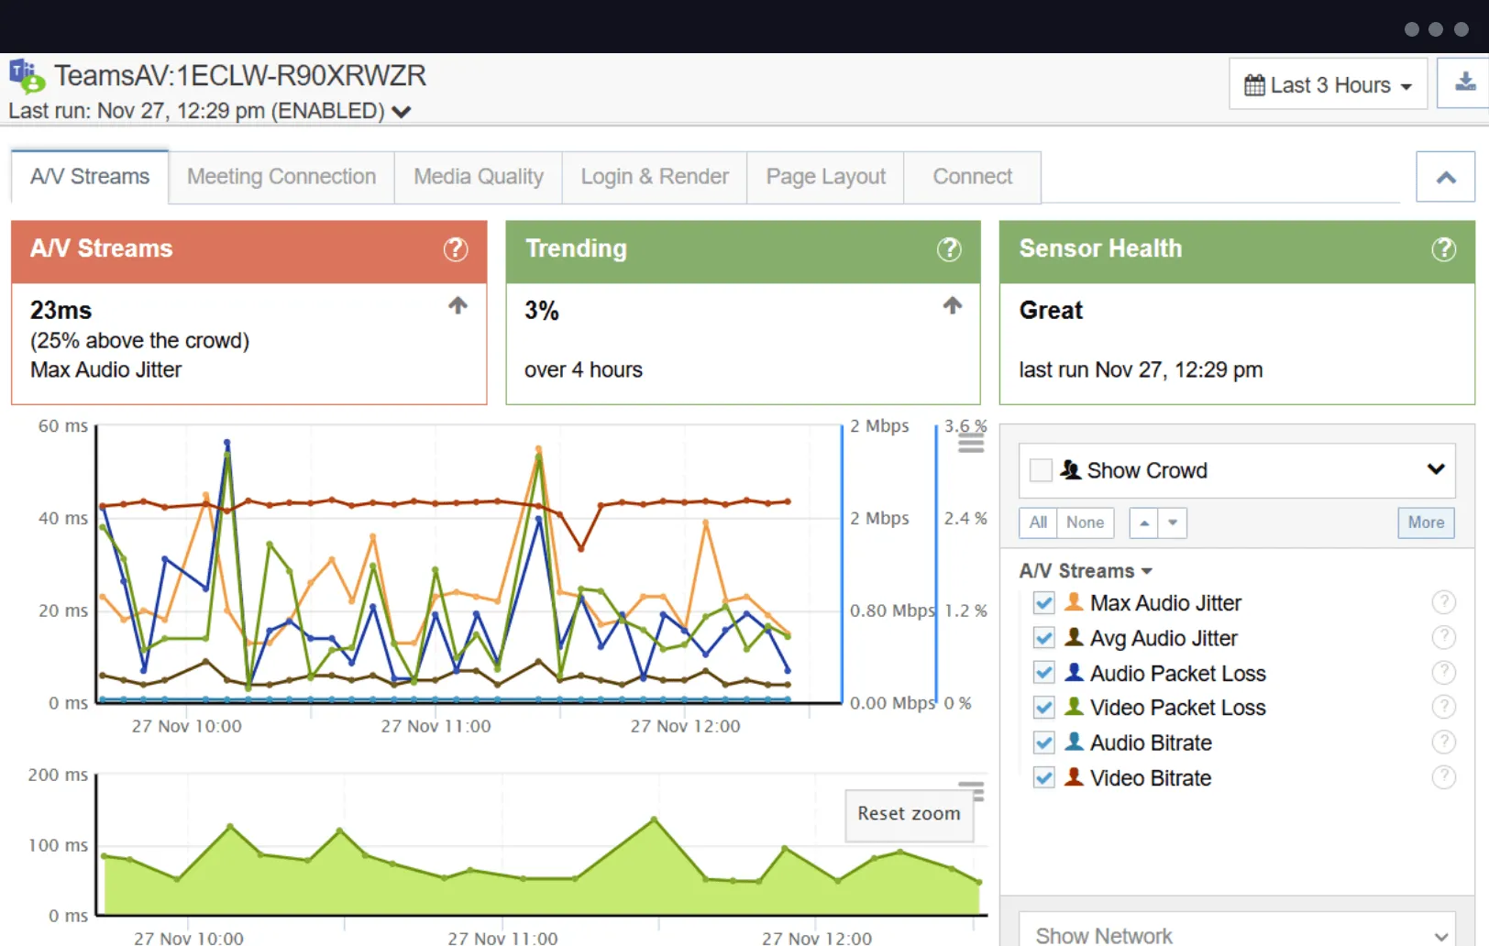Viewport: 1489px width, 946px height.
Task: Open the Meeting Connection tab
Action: tap(281, 177)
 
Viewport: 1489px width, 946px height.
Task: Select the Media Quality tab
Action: tap(478, 177)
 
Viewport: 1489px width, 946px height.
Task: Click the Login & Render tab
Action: tap(655, 177)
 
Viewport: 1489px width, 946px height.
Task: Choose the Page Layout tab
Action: tap(825, 177)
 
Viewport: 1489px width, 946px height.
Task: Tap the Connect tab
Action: tap(972, 177)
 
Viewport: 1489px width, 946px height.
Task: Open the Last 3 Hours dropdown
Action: tap(1327, 85)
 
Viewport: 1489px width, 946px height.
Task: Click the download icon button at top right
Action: tap(1465, 83)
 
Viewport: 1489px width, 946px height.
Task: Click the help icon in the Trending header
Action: tap(949, 249)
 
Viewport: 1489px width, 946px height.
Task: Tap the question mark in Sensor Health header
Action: tap(1443, 249)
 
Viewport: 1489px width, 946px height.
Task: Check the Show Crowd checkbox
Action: tap(1041, 470)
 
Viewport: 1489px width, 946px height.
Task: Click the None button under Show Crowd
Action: tap(1085, 522)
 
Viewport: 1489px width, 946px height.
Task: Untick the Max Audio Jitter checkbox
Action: tap(1043, 603)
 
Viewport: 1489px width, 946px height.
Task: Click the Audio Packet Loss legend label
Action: tap(1177, 674)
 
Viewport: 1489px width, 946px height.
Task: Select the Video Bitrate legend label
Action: tap(1150, 778)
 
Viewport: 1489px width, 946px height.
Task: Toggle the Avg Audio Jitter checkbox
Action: tap(1043, 638)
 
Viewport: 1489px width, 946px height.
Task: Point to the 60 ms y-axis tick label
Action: tap(62, 426)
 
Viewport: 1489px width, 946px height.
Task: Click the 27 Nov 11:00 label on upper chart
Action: tap(436, 726)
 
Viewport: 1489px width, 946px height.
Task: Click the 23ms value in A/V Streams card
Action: tap(61, 311)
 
